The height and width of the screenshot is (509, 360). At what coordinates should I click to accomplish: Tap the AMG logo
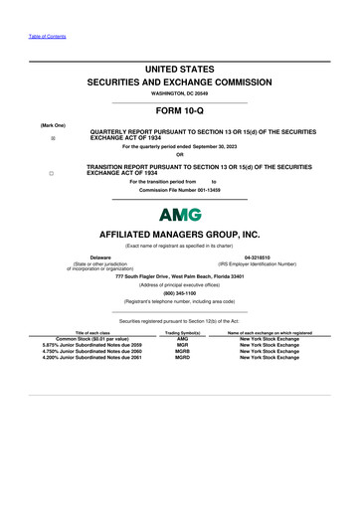180,214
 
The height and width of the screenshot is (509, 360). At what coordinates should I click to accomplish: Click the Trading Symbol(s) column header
182,332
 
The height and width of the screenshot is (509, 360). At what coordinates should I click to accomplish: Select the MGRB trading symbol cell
182,350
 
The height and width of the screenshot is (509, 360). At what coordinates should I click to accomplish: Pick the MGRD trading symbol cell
182,357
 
